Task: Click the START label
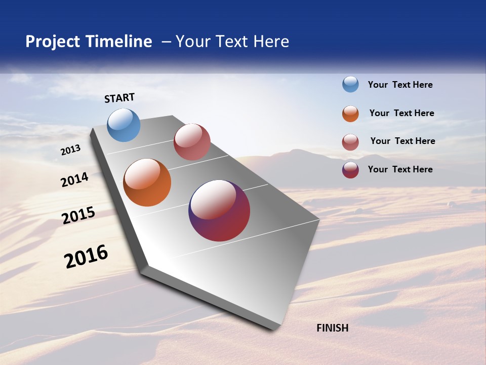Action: point(119,98)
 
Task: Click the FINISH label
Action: point(333,328)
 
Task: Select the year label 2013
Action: point(71,150)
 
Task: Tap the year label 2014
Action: point(74,180)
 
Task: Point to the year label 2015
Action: point(78,215)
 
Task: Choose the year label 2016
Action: point(86,257)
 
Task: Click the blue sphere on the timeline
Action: point(124,125)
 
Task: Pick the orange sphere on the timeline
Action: point(147,182)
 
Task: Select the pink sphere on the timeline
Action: point(192,142)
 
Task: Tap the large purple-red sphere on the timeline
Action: point(219,210)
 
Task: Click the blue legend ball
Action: point(350,85)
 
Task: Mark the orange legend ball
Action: point(350,114)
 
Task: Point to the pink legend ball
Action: point(350,142)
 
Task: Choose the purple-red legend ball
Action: point(350,170)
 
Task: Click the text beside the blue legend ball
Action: point(400,85)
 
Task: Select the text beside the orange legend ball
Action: point(401,113)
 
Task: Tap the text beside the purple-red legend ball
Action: point(400,169)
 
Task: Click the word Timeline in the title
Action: point(119,42)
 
